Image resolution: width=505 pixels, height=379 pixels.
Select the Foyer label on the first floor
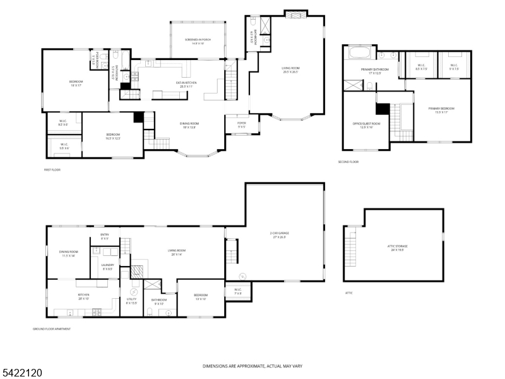pos(241,124)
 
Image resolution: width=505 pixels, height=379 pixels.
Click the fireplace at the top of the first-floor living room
pos(294,15)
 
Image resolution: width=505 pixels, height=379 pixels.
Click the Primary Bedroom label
pos(442,110)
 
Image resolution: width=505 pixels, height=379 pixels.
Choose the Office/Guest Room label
pos(366,124)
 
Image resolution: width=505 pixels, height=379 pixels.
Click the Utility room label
pos(131,301)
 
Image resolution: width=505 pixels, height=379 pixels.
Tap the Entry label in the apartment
pos(105,236)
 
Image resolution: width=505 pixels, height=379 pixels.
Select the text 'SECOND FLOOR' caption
pos(348,162)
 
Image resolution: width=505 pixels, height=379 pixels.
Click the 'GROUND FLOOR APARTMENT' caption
pos(52,329)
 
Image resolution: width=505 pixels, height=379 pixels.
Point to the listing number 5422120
pos(22,373)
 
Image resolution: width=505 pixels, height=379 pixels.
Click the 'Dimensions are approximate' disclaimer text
pos(252,366)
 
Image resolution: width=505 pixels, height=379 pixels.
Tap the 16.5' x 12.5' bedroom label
pos(113,136)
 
